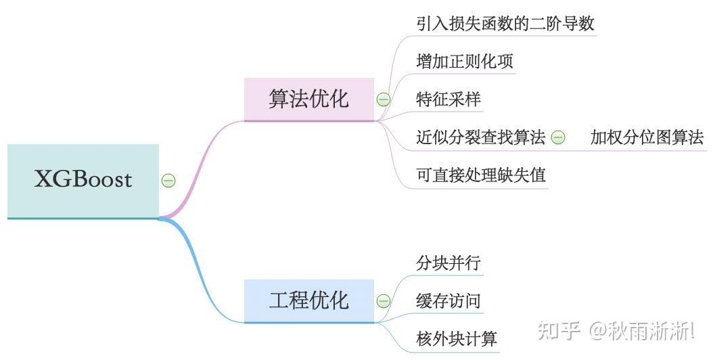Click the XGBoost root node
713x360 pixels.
83,180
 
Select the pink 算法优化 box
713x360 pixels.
308,99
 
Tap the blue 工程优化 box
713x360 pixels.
308,300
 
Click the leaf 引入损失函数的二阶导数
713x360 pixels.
505,24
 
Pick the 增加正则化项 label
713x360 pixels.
465,62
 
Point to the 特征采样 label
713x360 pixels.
448,99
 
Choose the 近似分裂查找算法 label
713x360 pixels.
480,137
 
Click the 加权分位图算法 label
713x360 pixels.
647,137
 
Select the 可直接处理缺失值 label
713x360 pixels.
481,175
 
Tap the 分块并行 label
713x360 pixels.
448,263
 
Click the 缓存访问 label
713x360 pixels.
448,300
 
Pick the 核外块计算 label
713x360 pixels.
457,338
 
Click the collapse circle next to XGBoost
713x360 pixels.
168,180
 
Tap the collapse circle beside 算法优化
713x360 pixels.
384,99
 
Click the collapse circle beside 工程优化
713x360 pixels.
384,300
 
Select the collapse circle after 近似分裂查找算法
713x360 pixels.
558,137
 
